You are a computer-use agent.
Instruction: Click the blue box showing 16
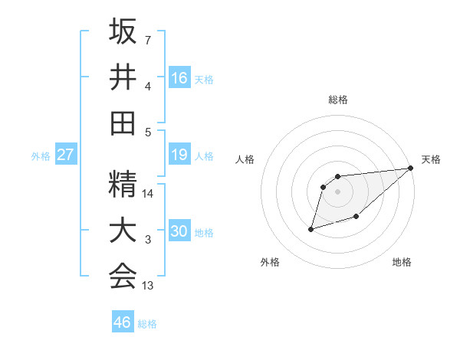coord(179,78)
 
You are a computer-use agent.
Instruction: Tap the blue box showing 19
coord(179,155)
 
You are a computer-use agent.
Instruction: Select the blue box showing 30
coord(179,231)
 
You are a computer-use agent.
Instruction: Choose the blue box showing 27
coord(65,155)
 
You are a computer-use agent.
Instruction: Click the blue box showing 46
coord(123,322)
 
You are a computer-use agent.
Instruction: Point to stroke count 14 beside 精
coord(149,194)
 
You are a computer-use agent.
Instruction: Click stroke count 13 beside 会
coord(149,286)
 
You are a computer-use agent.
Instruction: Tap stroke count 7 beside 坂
coord(148,39)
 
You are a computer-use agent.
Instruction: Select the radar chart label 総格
coord(337,100)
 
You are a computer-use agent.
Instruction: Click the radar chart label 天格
coord(431,159)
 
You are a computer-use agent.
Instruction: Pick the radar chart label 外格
coord(270,262)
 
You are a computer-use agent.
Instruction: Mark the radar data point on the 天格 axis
coord(410,169)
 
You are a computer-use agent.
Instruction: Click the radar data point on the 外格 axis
coord(311,228)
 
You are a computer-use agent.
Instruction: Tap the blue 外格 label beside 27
coord(41,156)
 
